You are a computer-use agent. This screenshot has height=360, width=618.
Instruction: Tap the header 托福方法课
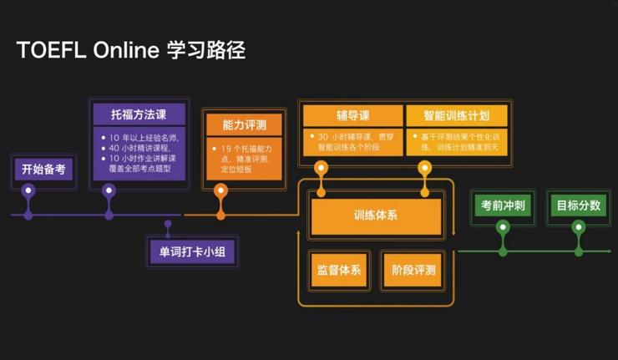click(x=139, y=114)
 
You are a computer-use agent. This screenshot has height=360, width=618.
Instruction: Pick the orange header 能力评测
click(x=244, y=126)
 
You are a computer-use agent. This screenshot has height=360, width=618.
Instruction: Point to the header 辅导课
click(x=352, y=115)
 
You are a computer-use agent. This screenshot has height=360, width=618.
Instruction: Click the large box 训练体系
click(x=375, y=215)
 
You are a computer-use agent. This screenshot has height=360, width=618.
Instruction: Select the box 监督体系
click(x=338, y=270)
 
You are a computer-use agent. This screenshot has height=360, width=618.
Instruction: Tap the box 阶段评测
click(x=413, y=270)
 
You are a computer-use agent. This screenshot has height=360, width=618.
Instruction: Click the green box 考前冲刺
click(x=503, y=204)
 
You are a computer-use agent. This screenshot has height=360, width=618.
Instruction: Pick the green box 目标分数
click(x=578, y=204)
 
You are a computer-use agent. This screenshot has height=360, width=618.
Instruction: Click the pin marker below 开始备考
click(x=28, y=190)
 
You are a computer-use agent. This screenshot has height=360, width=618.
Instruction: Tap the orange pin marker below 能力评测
click(x=220, y=190)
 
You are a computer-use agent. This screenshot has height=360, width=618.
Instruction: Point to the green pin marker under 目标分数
click(x=578, y=226)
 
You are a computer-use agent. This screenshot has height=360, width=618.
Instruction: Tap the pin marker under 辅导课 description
click(x=320, y=167)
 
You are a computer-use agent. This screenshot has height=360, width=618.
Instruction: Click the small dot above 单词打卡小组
click(x=168, y=223)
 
